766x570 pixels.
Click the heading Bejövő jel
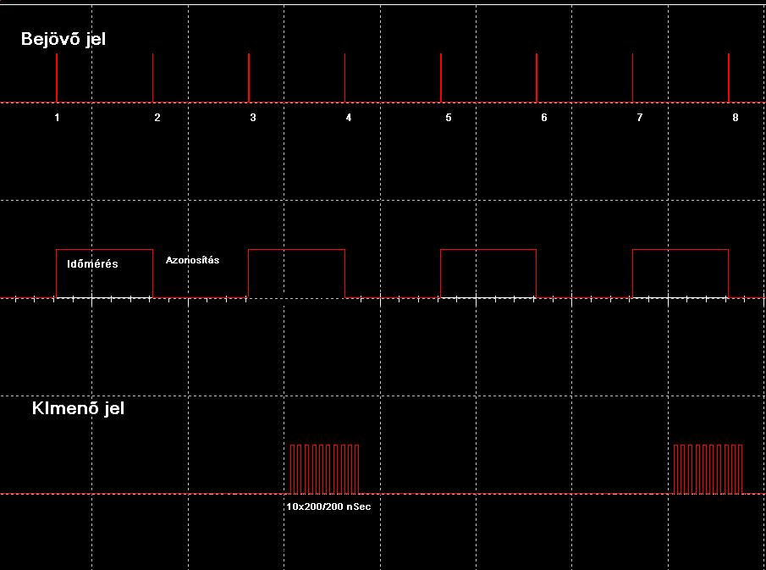tap(63, 39)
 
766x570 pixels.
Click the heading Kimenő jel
tap(78, 408)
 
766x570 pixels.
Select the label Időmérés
tap(92, 264)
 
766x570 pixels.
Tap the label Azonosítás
tap(192, 260)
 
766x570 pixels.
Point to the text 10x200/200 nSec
tap(328, 507)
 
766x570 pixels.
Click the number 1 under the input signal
tap(57, 118)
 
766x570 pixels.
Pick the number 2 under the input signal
tap(157, 118)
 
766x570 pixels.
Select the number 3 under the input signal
tap(253, 118)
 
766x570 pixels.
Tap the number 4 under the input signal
tap(349, 118)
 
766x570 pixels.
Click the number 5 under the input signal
tap(449, 118)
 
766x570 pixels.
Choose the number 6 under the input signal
tap(544, 118)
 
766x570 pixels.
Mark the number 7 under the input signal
tap(640, 118)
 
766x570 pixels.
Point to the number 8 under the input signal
tap(736, 118)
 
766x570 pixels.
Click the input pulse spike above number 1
tap(57, 78)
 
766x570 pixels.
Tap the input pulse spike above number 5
tap(441, 78)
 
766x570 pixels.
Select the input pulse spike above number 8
tap(729, 78)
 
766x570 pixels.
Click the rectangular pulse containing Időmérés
tap(104, 279)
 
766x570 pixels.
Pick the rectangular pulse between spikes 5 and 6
tap(488, 273)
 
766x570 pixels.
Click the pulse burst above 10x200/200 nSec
tap(324, 468)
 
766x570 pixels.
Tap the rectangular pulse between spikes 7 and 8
tap(681, 273)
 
